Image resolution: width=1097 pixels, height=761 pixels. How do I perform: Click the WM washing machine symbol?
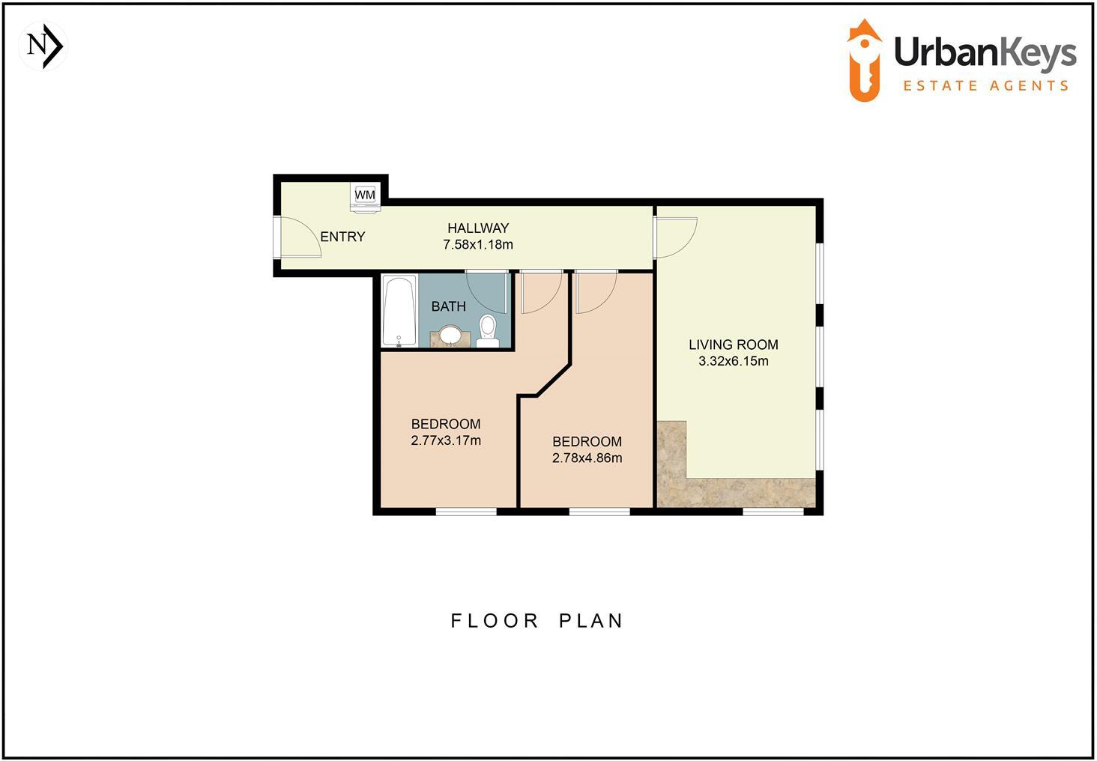(x=365, y=195)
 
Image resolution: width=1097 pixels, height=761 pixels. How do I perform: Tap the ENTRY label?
(x=342, y=237)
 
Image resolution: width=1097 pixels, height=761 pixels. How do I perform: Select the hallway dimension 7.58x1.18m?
(x=478, y=244)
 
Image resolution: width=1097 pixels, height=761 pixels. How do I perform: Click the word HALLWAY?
(x=478, y=228)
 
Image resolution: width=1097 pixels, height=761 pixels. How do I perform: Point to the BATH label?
(x=448, y=306)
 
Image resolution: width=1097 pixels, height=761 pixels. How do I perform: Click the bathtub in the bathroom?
(x=399, y=311)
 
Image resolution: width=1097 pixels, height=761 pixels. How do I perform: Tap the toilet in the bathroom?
(x=488, y=330)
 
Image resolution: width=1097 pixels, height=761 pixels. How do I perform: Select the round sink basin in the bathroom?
(x=450, y=335)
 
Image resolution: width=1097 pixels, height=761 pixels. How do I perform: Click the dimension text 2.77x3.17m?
(x=446, y=440)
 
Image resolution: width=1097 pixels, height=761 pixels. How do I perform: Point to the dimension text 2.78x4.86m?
(x=587, y=458)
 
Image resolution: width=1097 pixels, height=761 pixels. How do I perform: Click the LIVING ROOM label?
(x=733, y=345)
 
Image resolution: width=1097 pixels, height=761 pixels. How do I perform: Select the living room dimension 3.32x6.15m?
(x=733, y=361)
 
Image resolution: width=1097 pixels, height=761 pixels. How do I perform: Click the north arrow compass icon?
(x=43, y=46)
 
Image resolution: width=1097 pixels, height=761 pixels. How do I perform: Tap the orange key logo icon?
(x=865, y=60)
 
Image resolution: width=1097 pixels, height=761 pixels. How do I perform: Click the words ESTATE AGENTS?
(x=985, y=86)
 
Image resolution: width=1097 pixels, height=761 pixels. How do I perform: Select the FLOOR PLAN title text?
(x=537, y=621)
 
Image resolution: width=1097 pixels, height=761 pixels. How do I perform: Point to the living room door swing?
(x=677, y=236)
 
